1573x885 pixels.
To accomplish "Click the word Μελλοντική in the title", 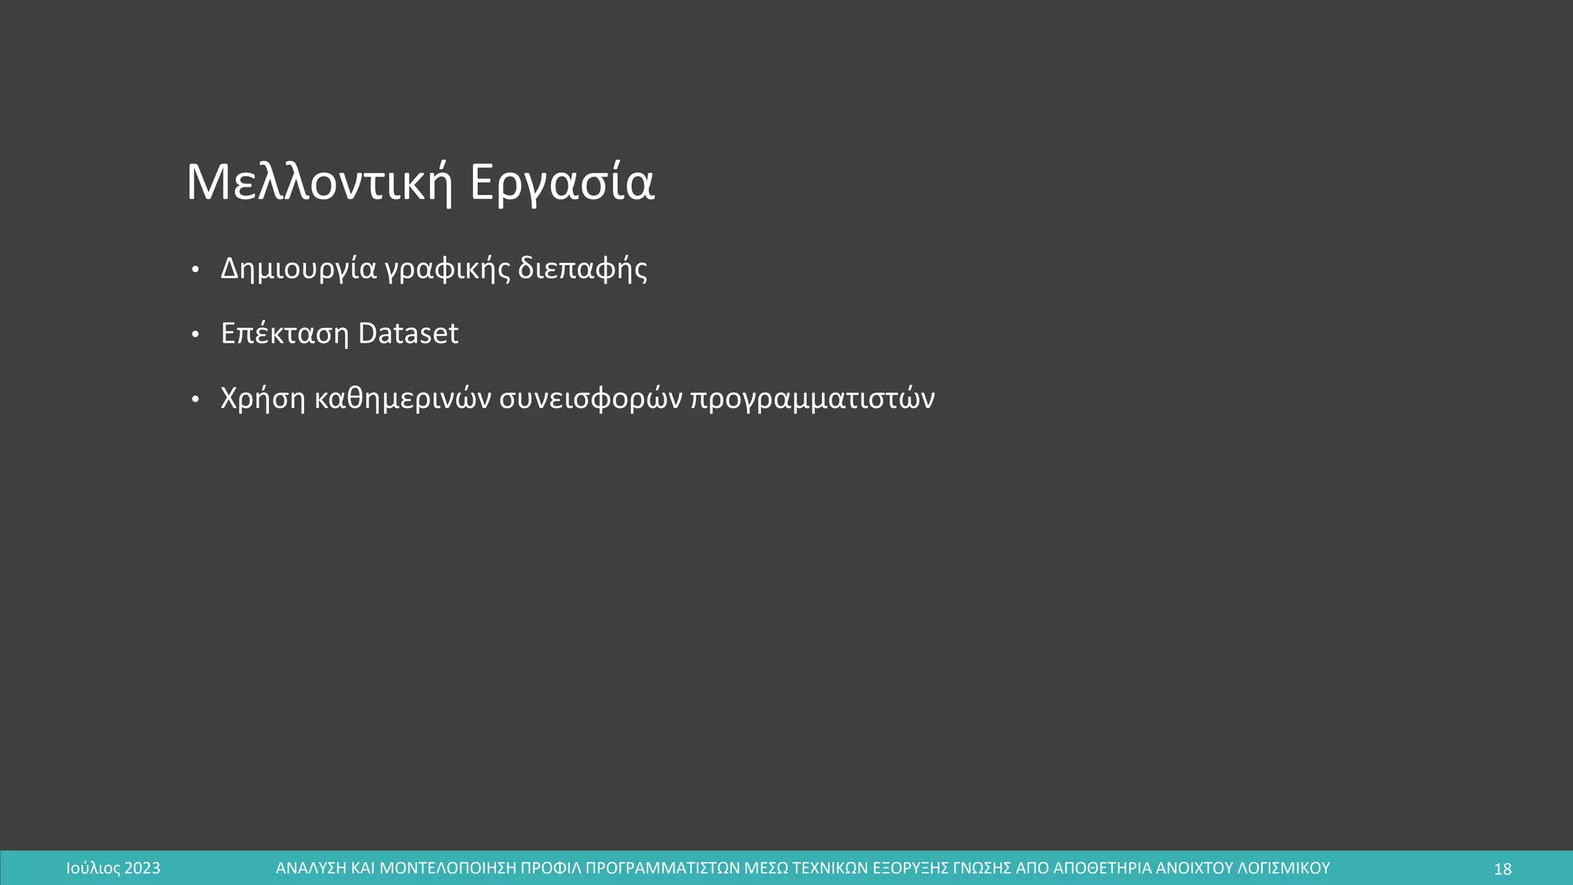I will point(320,183).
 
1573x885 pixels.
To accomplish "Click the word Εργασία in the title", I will point(561,183).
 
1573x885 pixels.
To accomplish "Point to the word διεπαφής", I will point(582,269).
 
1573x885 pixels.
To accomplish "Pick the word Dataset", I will point(408,333).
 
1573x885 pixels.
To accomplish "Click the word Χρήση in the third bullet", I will point(263,399).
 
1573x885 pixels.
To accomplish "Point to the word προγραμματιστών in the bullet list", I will point(812,399).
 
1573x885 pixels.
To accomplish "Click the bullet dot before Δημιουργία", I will point(195,270).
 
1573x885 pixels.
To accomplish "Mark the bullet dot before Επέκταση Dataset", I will point(195,334).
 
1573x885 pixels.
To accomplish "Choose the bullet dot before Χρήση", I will point(195,399).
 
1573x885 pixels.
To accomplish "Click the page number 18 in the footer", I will point(1502,869).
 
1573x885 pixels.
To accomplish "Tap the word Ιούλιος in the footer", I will point(93,869).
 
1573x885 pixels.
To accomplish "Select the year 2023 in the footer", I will point(142,869).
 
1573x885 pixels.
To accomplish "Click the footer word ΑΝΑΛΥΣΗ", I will point(310,869).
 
